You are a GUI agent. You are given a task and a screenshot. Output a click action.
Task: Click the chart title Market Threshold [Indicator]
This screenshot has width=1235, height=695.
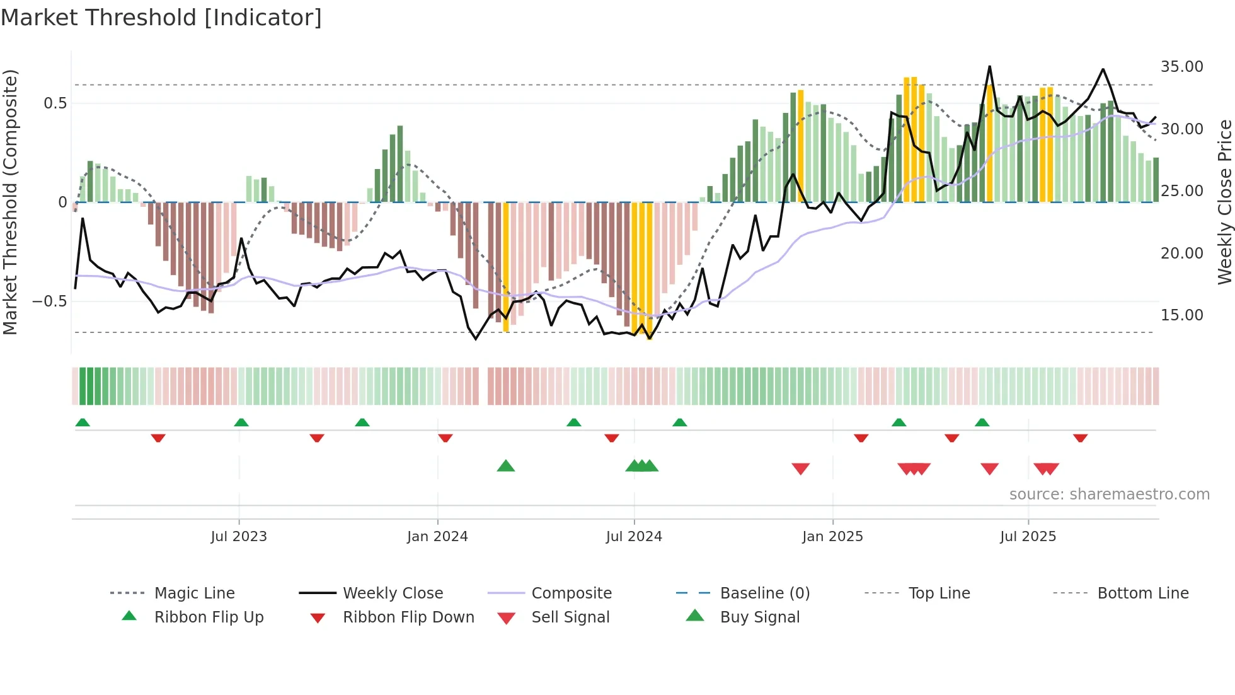tap(161, 18)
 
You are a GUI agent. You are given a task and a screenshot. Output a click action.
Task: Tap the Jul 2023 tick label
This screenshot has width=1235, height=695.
tap(239, 537)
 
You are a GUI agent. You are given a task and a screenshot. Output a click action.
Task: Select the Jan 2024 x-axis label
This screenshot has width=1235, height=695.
tap(437, 537)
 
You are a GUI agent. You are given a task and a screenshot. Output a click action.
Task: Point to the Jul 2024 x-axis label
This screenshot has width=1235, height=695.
tap(634, 537)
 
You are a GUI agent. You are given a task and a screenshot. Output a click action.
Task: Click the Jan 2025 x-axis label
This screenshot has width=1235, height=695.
tap(832, 537)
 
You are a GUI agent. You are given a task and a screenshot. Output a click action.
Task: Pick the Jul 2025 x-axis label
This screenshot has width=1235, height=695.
tap(1028, 537)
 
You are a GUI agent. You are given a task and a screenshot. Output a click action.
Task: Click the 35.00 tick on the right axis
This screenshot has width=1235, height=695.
tap(1181, 67)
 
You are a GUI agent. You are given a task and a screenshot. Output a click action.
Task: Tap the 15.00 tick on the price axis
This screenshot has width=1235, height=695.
tap(1181, 315)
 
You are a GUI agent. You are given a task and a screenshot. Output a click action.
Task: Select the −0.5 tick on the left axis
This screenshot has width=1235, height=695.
tap(49, 301)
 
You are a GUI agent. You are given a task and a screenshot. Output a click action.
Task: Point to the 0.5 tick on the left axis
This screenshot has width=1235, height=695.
tap(55, 103)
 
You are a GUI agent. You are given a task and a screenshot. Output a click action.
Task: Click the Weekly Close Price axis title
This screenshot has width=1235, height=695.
tap(1224, 202)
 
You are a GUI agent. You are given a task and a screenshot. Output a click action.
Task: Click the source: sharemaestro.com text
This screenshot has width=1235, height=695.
tap(1109, 494)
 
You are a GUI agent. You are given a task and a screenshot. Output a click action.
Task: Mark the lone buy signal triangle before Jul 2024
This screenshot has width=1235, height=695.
tap(506, 466)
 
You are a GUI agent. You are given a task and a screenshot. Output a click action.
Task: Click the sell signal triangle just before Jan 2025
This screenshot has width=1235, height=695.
tap(800, 469)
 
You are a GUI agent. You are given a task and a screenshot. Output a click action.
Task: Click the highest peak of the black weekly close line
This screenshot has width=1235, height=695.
tap(989, 66)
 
